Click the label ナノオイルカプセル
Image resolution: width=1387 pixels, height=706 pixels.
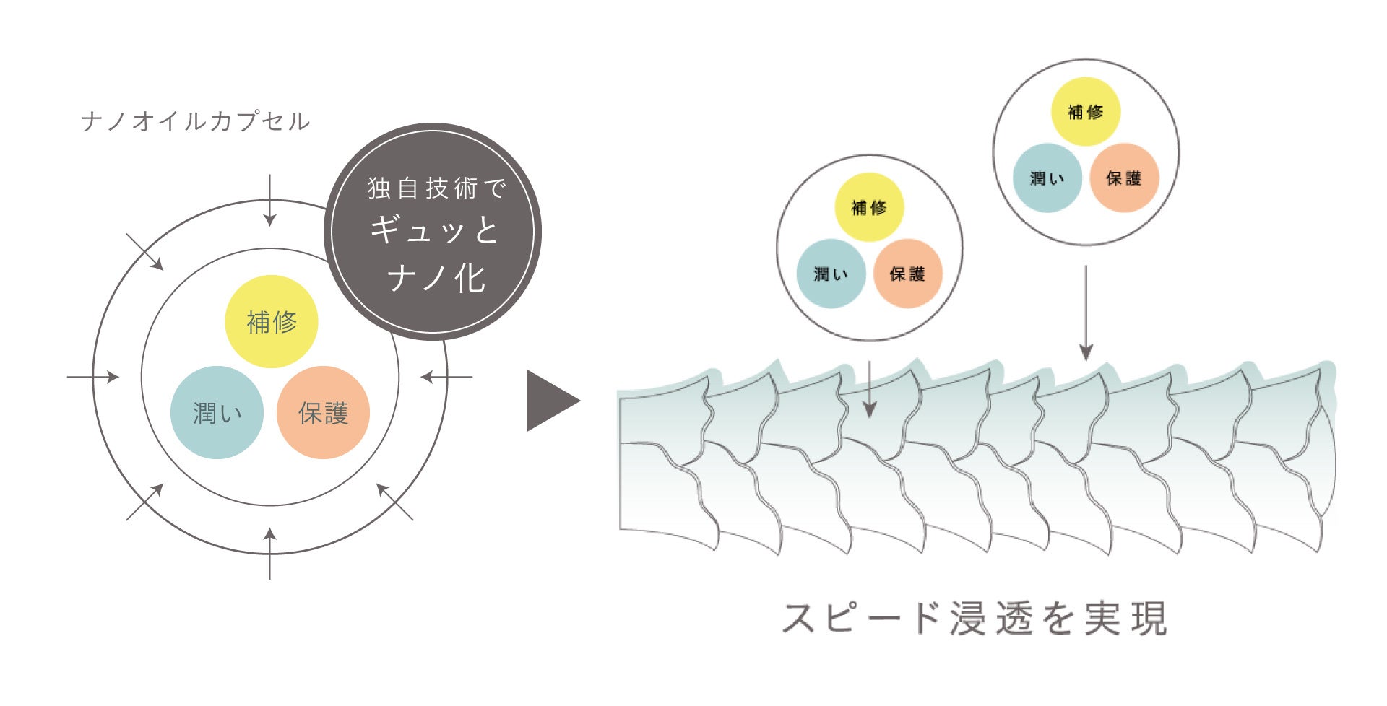(195, 121)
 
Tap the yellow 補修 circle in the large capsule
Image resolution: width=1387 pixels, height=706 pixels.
(272, 321)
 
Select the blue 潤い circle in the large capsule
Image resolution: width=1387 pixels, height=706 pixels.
(217, 412)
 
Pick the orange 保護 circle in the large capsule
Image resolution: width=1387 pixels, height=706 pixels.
(323, 412)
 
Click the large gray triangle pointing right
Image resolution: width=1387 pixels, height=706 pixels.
(550, 401)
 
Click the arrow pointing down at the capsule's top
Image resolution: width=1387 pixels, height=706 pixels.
(269, 200)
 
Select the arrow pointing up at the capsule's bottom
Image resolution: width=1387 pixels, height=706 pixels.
(269, 553)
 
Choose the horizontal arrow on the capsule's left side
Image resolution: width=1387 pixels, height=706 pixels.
(92, 377)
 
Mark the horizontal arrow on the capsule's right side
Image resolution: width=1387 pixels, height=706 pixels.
(446, 377)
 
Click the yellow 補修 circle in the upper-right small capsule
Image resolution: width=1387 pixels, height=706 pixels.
(1085, 112)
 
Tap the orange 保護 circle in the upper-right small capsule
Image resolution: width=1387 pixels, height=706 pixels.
(1123, 178)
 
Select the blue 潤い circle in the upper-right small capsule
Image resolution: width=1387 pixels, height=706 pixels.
(1047, 178)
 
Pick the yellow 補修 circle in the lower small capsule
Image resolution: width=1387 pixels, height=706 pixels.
(869, 207)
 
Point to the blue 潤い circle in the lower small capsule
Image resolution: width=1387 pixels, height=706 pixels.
(831, 274)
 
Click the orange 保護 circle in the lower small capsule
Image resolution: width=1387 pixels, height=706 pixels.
(907, 274)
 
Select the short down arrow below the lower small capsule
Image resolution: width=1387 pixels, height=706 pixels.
(870, 389)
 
